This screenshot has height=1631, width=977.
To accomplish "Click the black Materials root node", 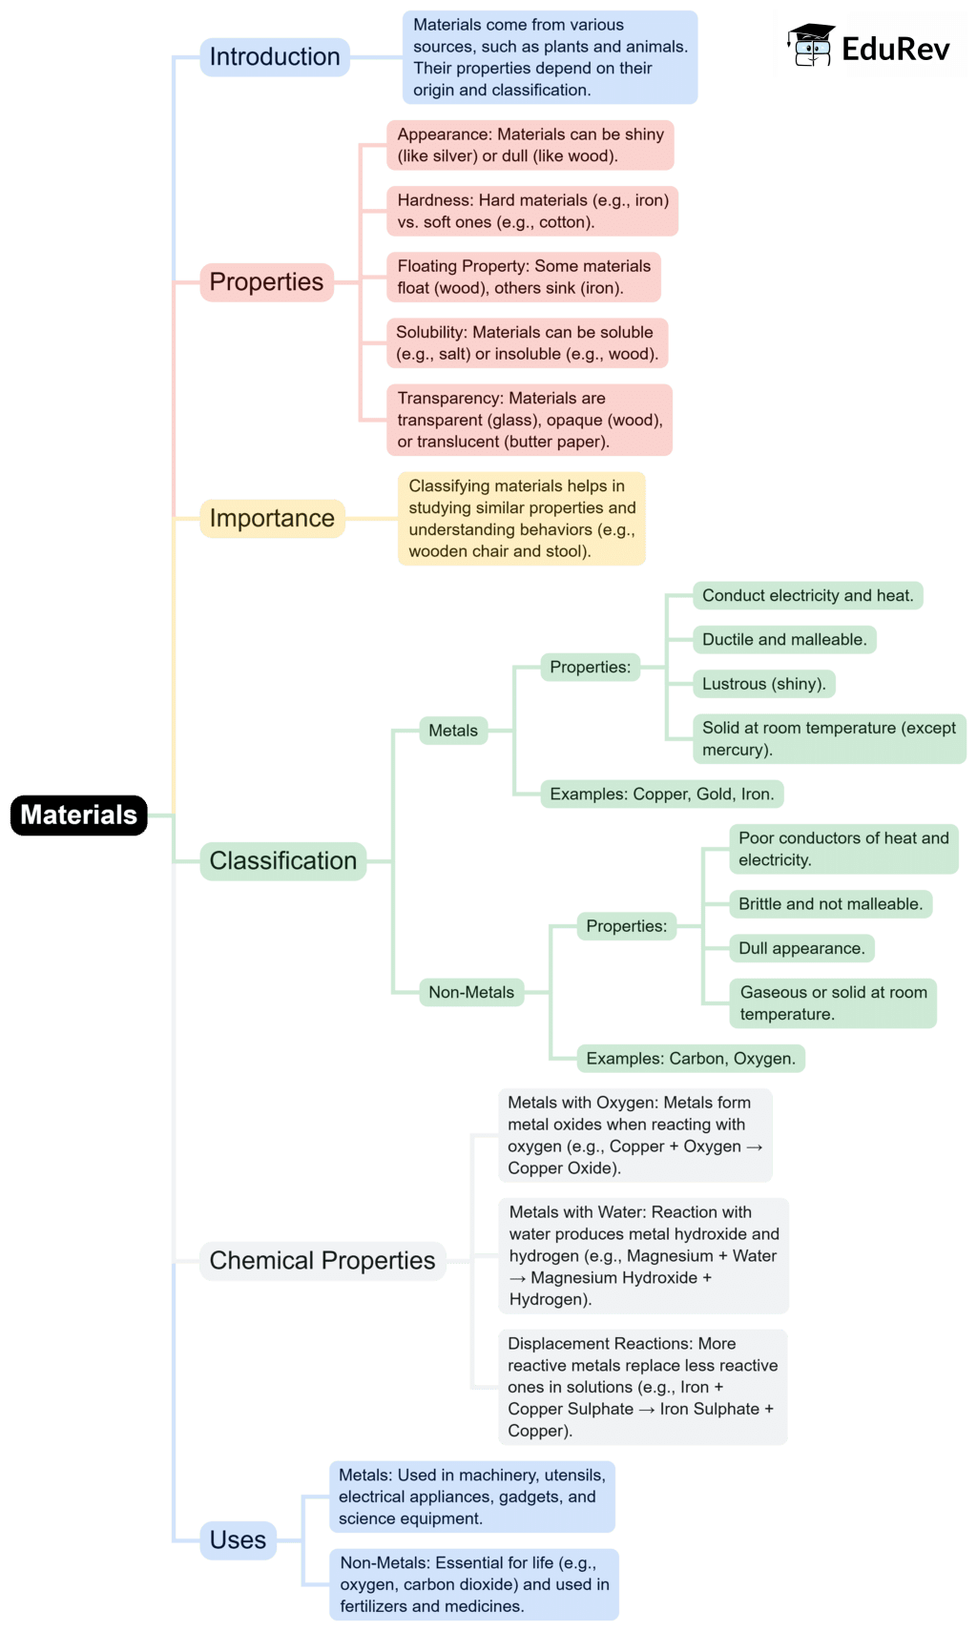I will click(79, 815).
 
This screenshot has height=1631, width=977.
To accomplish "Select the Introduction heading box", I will click(275, 57).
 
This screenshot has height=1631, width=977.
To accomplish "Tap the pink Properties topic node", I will click(266, 282).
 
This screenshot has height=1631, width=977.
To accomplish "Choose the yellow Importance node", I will click(272, 518).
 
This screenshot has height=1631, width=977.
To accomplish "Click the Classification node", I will click(282, 861).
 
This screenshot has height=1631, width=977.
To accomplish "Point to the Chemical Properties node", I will click(322, 1261).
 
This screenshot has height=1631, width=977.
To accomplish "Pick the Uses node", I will click(238, 1540).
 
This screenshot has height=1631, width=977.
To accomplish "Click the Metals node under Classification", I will click(453, 731).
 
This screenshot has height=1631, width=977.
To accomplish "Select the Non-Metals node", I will click(471, 993).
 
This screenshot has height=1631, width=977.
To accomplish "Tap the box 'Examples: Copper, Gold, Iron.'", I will click(662, 795).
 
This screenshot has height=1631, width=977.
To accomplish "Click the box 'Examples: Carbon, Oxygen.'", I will click(691, 1059).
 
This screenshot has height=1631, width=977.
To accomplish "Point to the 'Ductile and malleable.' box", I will click(784, 640).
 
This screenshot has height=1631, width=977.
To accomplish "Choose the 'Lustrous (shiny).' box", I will click(764, 684).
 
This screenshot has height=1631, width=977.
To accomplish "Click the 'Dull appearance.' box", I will click(801, 949).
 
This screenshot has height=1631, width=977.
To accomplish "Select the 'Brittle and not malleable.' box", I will click(830, 904).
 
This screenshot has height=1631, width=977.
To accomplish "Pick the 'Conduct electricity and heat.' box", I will click(807, 596).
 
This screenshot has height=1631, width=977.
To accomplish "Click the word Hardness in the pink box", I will click(435, 200).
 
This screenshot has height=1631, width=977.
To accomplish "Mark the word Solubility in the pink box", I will click(431, 332).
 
